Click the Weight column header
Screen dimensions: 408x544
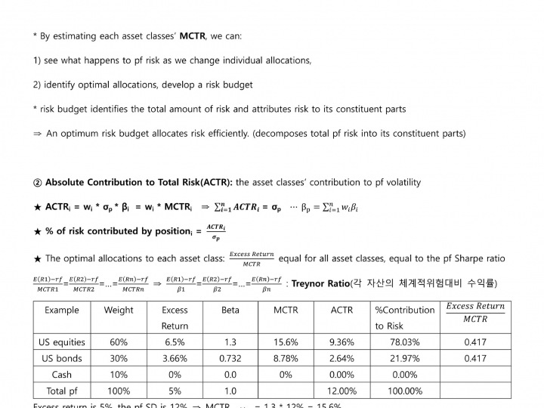coord(119,310)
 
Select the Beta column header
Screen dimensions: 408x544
coord(230,310)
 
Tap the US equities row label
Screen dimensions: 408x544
coord(62,342)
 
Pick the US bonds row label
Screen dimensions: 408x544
coord(62,358)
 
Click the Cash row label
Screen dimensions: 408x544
coord(62,375)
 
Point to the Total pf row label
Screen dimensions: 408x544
coord(62,391)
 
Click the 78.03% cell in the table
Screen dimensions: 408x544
coord(404,342)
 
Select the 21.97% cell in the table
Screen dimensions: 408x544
coord(404,358)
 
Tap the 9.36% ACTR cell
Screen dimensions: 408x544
coord(342,342)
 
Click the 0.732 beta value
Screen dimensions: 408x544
coord(230,358)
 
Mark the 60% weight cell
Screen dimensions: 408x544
coord(119,342)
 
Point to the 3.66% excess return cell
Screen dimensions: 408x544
coord(175,358)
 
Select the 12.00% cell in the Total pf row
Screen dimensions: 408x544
coord(342,391)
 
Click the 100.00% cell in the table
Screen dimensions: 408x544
coord(404,391)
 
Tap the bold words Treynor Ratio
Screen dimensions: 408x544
coord(320,283)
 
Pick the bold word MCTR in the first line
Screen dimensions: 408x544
coord(193,36)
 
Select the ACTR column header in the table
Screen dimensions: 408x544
coord(342,310)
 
